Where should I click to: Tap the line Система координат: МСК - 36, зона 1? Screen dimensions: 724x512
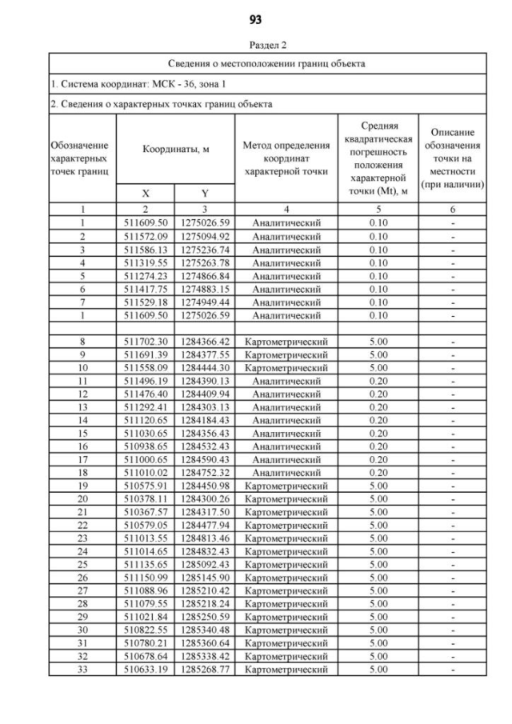tap(128, 84)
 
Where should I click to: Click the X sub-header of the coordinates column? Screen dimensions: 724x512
tap(146, 193)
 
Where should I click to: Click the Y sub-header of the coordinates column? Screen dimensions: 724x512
tap(205, 193)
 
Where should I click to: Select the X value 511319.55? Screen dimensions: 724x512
tap(146, 261)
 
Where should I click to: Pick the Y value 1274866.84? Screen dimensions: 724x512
tap(205, 274)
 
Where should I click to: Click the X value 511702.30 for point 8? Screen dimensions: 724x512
tap(146, 340)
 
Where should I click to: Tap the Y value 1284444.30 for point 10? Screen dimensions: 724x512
tap(205, 366)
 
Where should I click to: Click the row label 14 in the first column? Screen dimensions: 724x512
tap(83, 419)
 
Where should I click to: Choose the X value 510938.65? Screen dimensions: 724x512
tap(146, 446)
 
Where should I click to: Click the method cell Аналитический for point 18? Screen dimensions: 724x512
tap(286, 472)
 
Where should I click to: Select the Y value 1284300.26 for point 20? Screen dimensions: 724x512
tap(205, 498)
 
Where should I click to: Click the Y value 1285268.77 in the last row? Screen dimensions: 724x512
tap(205, 669)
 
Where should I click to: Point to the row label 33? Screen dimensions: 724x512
tap(83, 669)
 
